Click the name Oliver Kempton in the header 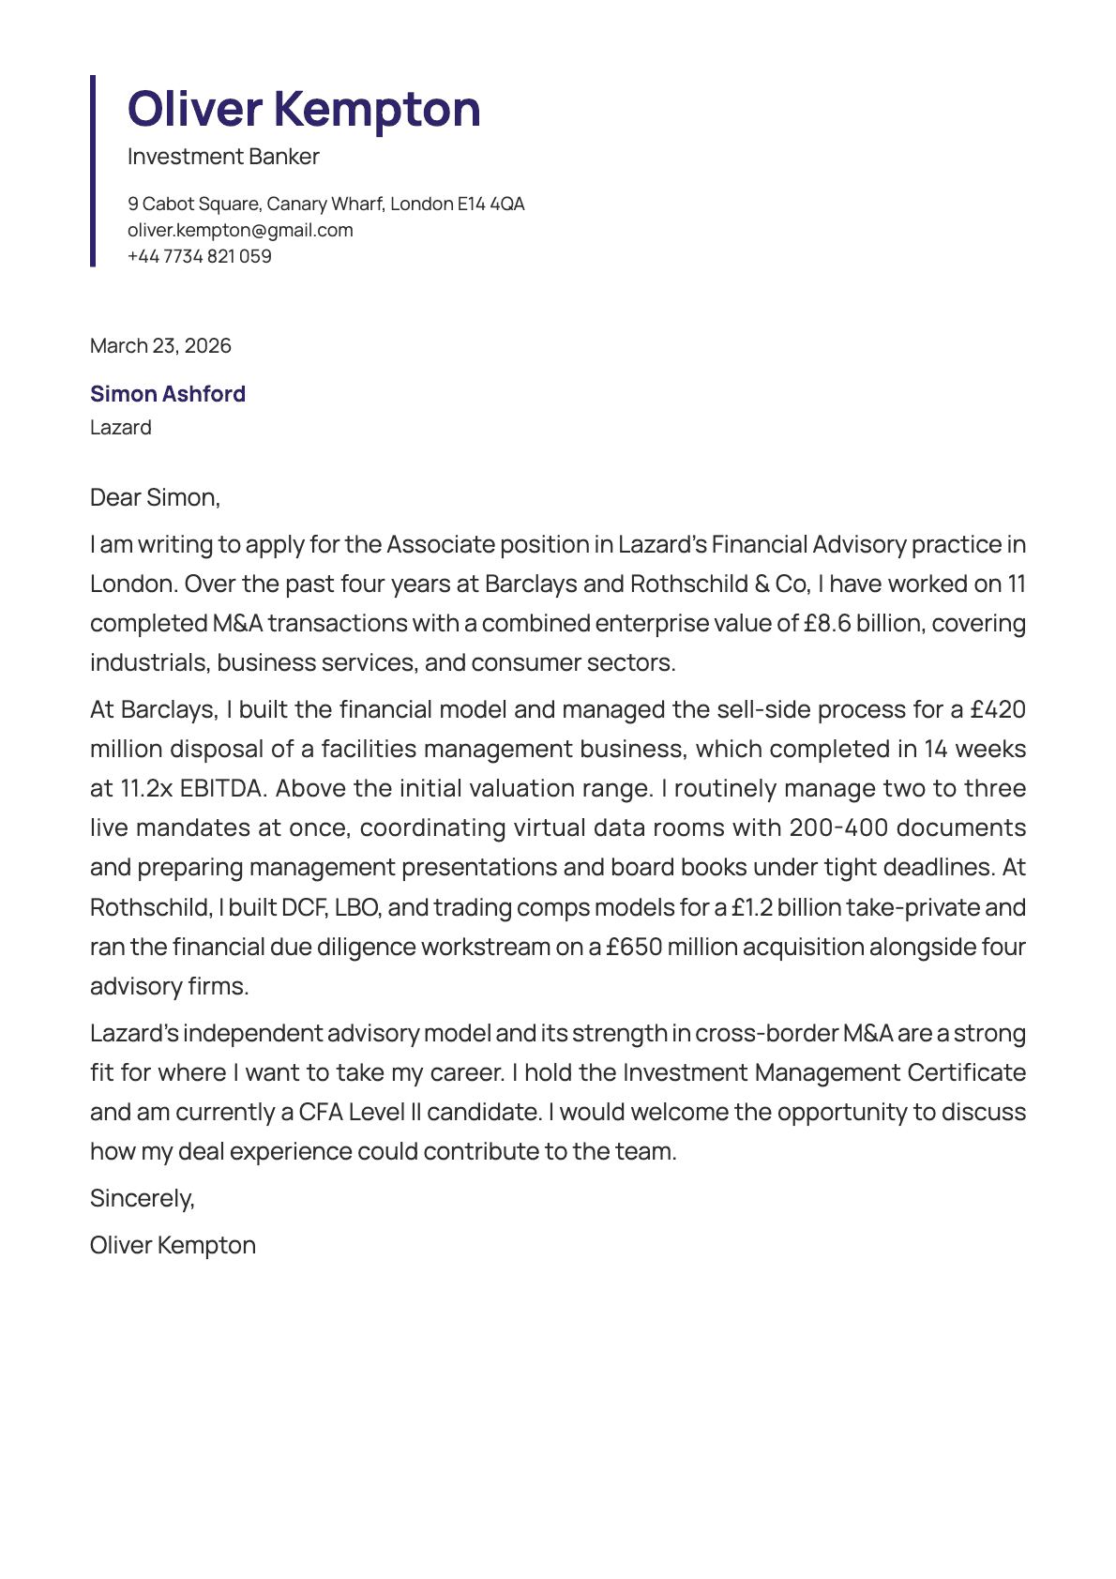click(x=304, y=109)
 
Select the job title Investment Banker click(x=223, y=157)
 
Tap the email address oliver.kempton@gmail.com click(x=240, y=230)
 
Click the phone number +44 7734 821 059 click(x=200, y=256)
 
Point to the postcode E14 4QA click(x=490, y=204)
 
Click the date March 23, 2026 click(x=160, y=345)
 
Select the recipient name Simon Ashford click(x=168, y=394)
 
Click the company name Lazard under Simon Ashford click(x=121, y=427)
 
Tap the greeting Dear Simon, click(x=155, y=497)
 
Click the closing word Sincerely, click(x=143, y=1198)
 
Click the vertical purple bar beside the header click(x=93, y=171)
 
